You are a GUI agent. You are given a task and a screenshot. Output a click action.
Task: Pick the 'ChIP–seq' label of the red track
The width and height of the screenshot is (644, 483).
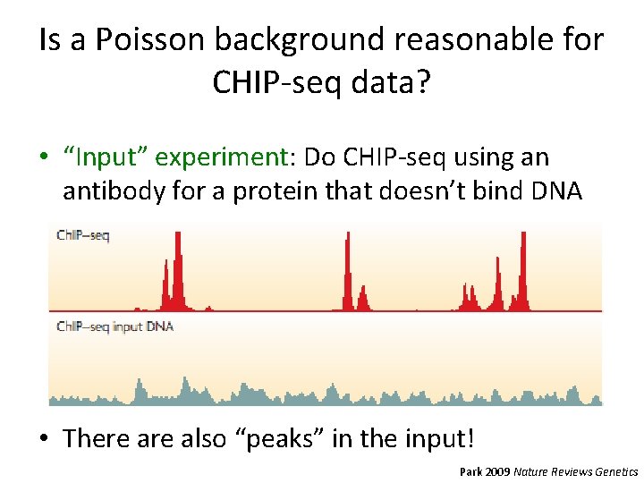click(x=82, y=236)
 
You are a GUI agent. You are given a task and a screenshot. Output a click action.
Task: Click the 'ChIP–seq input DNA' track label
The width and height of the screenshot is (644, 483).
click(x=114, y=326)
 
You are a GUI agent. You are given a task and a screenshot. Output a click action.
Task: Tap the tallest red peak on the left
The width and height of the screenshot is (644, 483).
click(x=177, y=268)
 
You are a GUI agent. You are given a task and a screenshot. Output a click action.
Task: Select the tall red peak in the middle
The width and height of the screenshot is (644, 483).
click(x=347, y=268)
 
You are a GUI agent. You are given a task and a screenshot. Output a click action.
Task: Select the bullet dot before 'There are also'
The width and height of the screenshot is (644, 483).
click(x=44, y=439)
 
